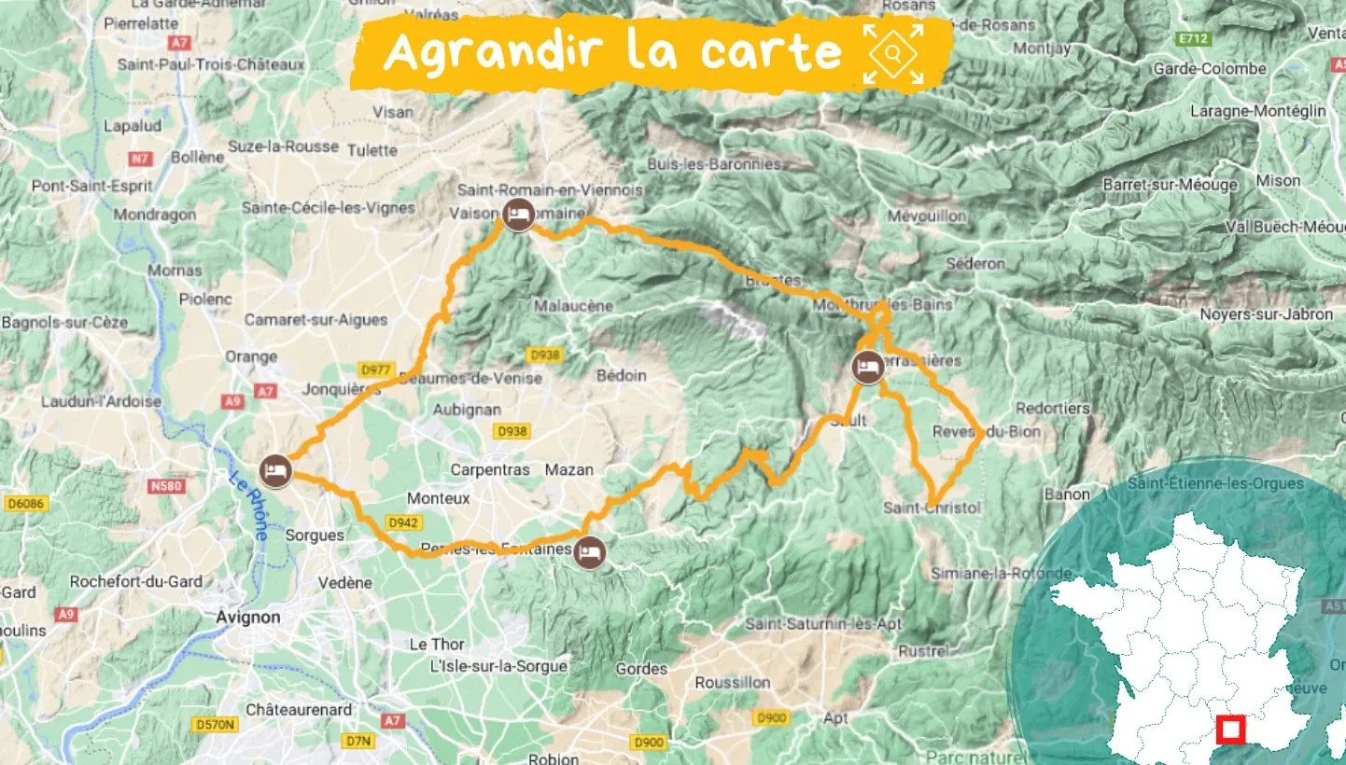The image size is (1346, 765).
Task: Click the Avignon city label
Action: coord(247,617)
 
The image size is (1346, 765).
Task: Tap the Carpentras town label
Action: coord(490,469)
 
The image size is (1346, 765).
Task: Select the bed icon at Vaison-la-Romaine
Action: coord(518,216)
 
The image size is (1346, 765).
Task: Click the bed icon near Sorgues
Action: coord(275,470)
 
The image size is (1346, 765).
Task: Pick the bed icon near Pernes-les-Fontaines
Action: coord(588,552)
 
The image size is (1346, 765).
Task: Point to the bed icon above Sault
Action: coord(868,367)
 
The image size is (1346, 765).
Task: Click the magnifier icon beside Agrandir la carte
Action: coord(893,54)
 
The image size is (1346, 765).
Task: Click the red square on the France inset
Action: coord(1231,729)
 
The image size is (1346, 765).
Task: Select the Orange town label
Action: coord(251,356)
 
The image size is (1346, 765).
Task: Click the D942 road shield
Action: coord(401,522)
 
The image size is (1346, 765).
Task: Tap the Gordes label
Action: coord(641,669)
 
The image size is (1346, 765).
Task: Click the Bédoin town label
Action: coord(621,375)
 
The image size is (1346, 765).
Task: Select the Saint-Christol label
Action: coord(932,508)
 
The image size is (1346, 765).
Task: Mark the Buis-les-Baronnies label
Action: coord(714,164)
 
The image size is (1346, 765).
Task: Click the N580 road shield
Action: coord(167,486)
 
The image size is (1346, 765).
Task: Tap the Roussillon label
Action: coord(733,682)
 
